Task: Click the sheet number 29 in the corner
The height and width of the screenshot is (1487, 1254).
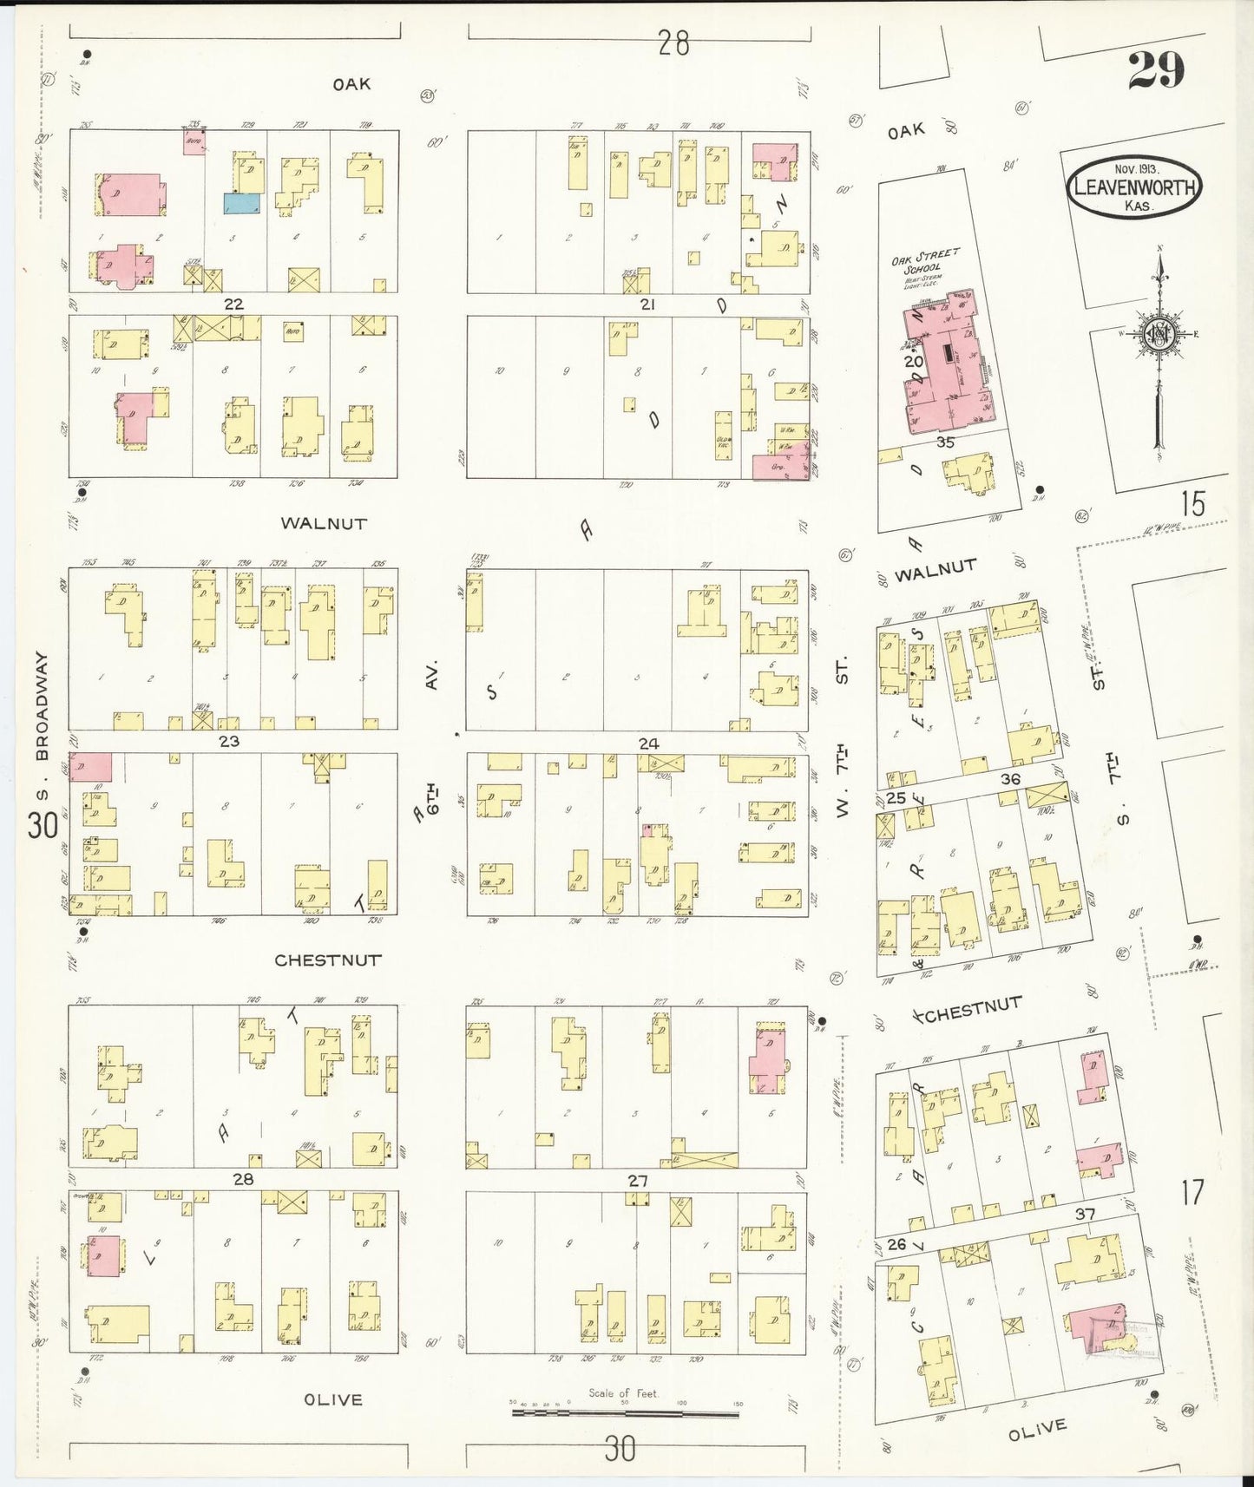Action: [x=1156, y=69]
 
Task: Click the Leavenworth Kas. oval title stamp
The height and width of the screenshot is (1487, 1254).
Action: [x=1134, y=187]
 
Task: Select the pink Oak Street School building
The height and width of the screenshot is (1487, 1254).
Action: [x=946, y=364]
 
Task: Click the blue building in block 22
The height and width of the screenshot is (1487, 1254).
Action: [x=241, y=203]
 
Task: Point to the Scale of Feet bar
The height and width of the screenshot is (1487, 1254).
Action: [x=625, y=1412]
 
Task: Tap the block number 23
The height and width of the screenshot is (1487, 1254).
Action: [x=229, y=742]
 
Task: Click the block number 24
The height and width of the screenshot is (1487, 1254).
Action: [x=648, y=743]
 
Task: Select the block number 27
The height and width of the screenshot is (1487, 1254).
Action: [x=638, y=1180]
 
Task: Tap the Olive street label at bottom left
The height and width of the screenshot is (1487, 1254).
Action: [x=333, y=1399]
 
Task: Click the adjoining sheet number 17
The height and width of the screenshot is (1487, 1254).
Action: [x=1192, y=1192]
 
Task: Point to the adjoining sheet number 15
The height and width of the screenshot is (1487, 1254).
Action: [x=1192, y=504]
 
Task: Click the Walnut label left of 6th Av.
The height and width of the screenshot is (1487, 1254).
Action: [x=323, y=524]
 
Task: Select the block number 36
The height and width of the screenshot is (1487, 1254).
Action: [x=1010, y=779]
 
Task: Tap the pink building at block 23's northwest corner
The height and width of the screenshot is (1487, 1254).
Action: [x=91, y=767]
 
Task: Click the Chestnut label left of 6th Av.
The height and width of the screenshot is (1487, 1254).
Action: [x=328, y=960]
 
